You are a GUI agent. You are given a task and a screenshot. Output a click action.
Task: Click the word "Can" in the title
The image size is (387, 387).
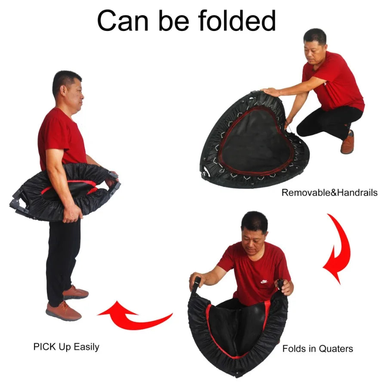pos(124,21)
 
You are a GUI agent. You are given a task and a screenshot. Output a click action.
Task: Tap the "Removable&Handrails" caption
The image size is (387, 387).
pos(329,193)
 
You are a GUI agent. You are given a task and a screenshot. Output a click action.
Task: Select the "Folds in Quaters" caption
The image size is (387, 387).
pos(317,348)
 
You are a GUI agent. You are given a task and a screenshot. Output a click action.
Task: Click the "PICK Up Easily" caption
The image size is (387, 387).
pos(66,347)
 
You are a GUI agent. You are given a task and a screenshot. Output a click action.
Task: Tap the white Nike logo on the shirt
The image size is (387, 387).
pos(264,282)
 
